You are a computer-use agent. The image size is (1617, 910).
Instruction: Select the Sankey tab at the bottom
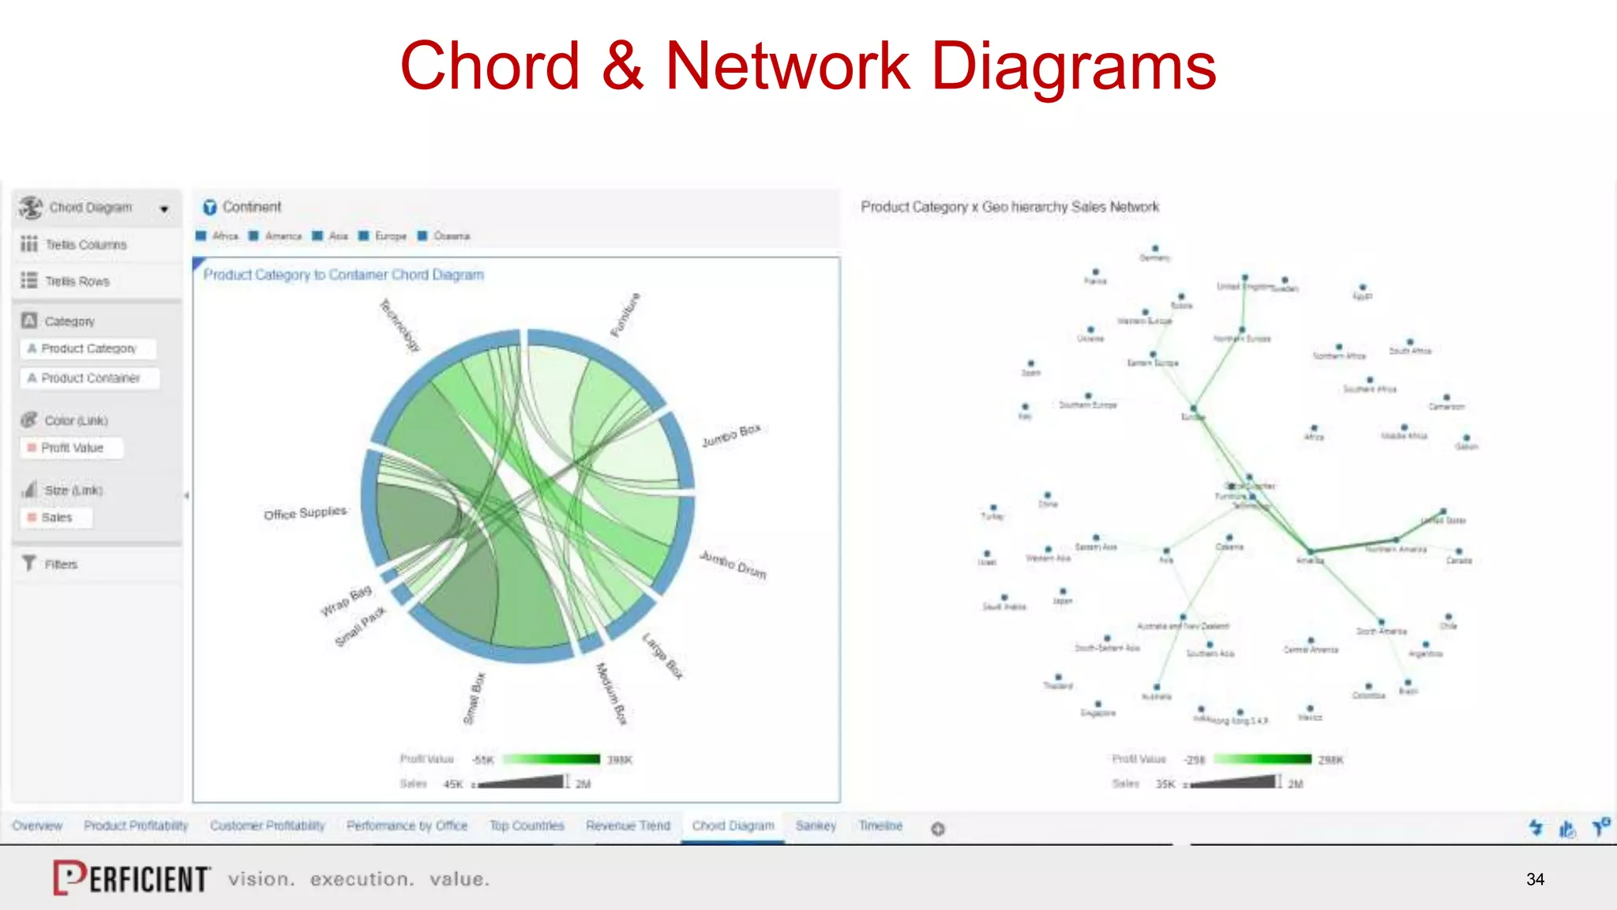click(816, 825)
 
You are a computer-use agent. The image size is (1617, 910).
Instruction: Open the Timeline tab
click(880, 825)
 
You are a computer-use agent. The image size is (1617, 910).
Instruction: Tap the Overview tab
click(37, 825)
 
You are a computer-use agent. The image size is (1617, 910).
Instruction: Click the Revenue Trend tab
click(628, 825)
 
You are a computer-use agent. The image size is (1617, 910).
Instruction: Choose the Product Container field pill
click(90, 378)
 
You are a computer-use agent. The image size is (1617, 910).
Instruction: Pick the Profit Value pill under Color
click(72, 448)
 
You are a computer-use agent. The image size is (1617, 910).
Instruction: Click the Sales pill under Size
click(56, 517)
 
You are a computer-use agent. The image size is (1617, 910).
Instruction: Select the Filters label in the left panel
click(61, 564)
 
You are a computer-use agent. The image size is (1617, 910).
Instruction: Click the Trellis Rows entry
click(77, 281)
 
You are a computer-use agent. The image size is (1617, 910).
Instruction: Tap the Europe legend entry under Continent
click(390, 236)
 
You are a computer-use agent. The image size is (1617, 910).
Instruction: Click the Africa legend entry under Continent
click(224, 236)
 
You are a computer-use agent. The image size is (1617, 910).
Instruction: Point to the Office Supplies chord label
click(305, 513)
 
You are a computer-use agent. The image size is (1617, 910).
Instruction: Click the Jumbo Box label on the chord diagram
click(731, 435)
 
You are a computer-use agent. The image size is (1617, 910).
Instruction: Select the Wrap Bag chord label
click(346, 601)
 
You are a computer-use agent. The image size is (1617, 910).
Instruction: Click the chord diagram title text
click(343, 275)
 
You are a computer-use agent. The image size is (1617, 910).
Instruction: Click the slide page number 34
click(1535, 879)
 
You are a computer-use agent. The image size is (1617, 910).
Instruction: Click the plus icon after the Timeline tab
click(938, 829)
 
